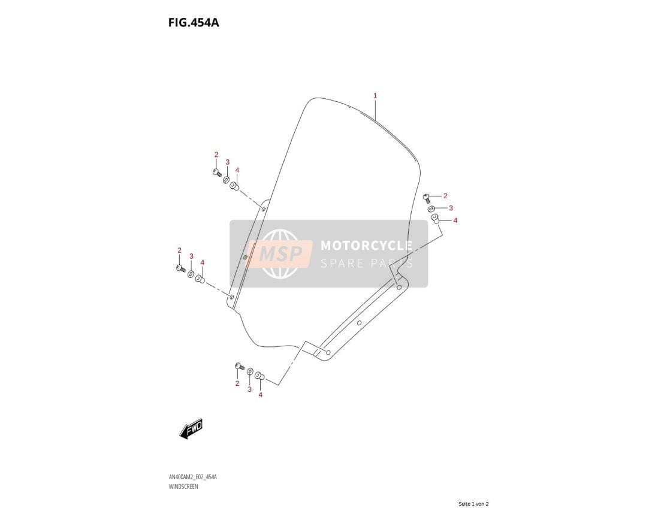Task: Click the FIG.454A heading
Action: [x=194, y=22]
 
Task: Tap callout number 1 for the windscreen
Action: [x=375, y=96]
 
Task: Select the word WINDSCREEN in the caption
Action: [x=183, y=486]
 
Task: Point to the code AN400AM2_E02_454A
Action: [x=192, y=477]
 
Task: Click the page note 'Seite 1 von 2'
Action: [x=473, y=504]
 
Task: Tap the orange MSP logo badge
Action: [x=280, y=254]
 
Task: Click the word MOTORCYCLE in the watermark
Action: [x=366, y=246]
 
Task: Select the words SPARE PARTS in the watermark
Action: [x=366, y=264]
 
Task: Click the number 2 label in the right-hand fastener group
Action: [x=445, y=195]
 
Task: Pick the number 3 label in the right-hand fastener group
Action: [x=451, y=208]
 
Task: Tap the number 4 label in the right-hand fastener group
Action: [x=455, y=220]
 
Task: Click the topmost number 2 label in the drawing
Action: [x=216, y=155]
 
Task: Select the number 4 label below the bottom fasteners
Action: [x=260, y=395]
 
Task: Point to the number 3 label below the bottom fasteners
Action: [x=249, y=389]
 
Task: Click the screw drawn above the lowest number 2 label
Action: [x=240, y=367]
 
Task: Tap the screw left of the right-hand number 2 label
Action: [x=427, y=198]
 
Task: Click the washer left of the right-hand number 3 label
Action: [x=431, y=209]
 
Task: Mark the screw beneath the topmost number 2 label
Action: [x=217, y=173]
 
